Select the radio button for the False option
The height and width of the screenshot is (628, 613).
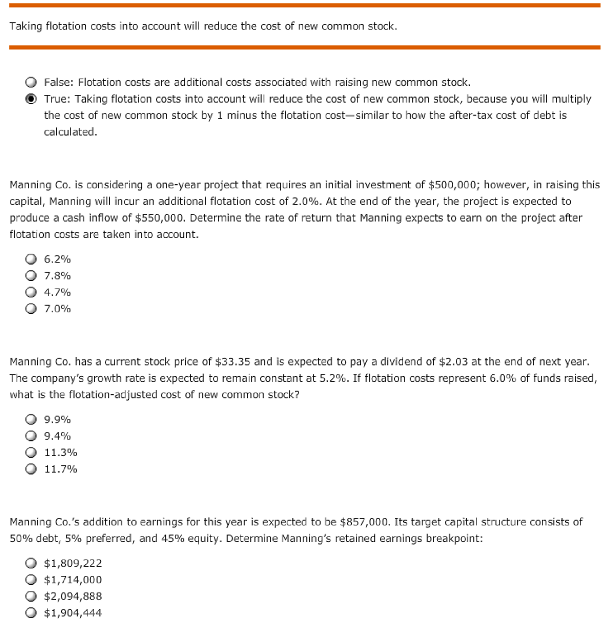coord(31,83)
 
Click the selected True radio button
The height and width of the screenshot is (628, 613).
coord(31,99)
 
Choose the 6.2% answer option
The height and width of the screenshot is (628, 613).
coord(31,259)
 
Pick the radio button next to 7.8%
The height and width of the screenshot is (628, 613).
coord(31,276)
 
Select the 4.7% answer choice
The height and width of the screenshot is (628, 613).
coord(31,293)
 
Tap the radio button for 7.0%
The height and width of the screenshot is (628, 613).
coord(31,309)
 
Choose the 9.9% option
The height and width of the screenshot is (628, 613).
coord(31,420)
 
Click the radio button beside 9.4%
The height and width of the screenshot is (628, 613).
coord(31,436)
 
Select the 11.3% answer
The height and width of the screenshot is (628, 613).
coord(31,453)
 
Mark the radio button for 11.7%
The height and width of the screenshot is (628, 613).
coord(31,469)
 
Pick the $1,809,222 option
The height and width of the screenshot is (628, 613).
coord(31,563)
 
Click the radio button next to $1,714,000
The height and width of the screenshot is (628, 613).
coord(31,580)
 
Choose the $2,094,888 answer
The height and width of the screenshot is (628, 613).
coord(31,596)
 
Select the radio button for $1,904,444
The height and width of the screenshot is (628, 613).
coord(31,613)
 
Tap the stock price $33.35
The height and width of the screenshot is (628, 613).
coord(232,362)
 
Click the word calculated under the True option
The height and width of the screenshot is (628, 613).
coord(70,132)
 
